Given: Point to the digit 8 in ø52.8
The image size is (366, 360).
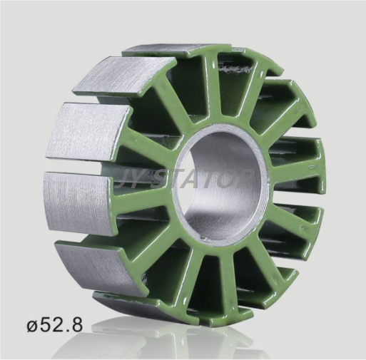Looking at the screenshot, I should pyautogui.click(x=76, y=324).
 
